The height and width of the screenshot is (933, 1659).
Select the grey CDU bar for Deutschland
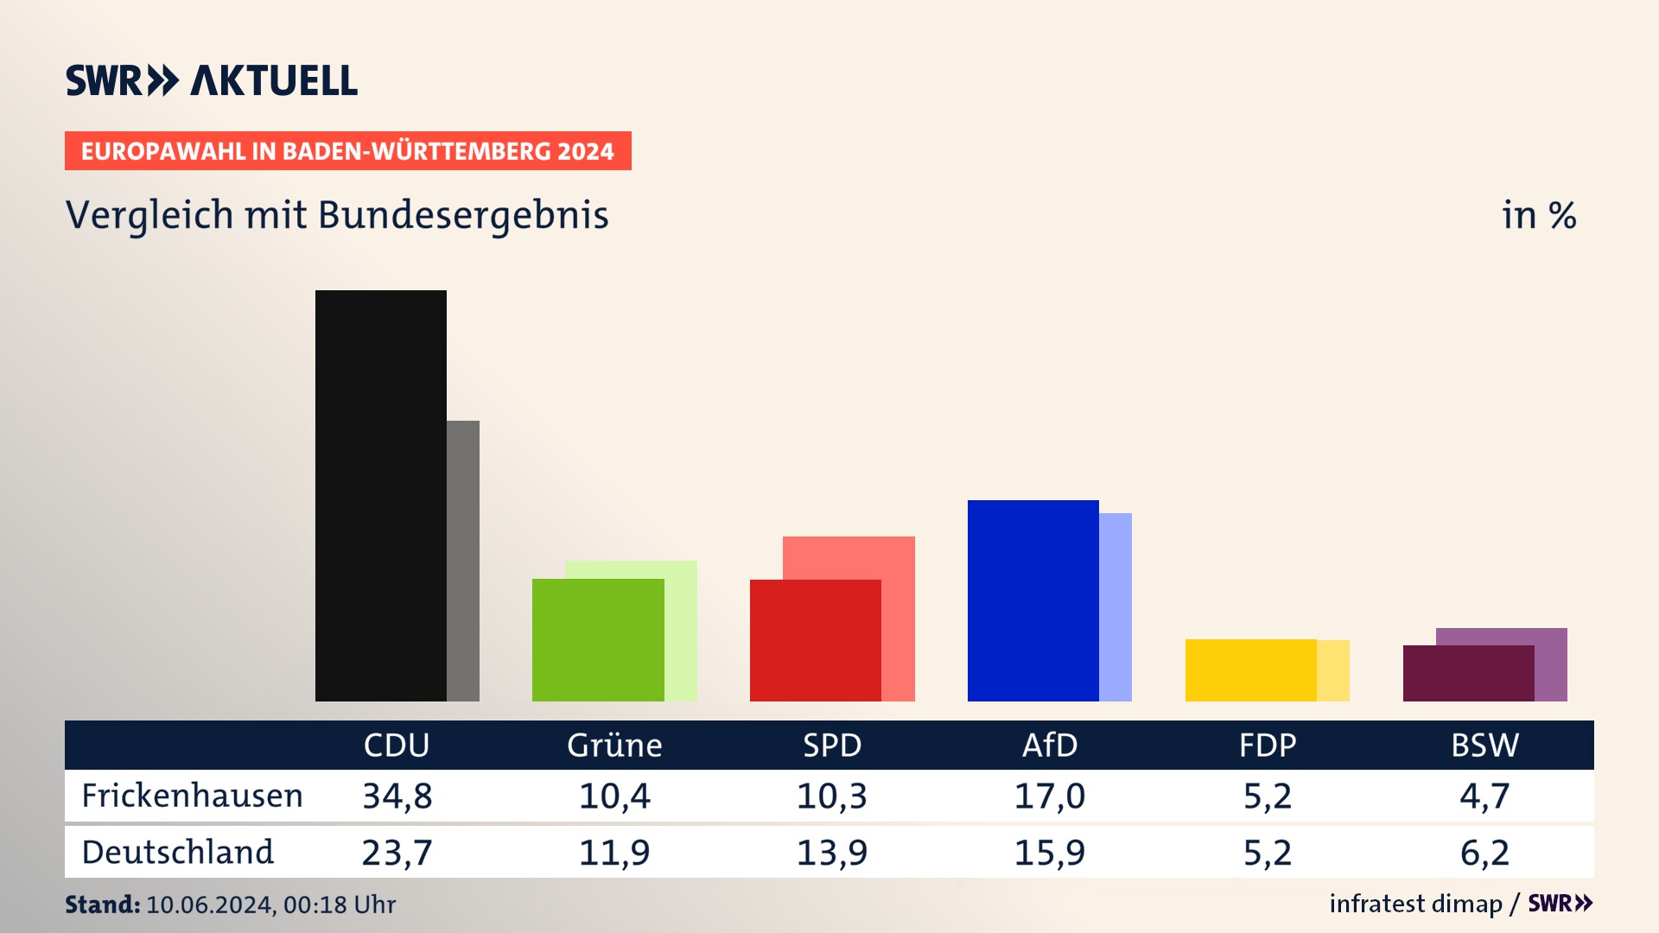click(463, 561)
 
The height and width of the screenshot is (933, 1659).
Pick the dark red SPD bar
click(815, 640)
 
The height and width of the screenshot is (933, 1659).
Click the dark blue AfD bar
click(1033, 600)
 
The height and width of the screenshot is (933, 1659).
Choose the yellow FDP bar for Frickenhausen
click(1250, 670)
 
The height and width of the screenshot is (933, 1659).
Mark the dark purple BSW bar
click(1468, 673)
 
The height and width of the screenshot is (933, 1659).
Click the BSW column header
click(1484, 745)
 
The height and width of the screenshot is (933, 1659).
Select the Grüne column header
click(614, 745)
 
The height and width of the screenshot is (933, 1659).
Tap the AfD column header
click(1050, 745)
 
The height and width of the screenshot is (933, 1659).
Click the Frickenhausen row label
click(192, 796)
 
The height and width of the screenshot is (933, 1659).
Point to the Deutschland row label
click(177, 852)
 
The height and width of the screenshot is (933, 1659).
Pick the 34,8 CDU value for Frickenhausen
click(397, 796)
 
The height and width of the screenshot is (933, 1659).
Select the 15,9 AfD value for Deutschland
click(1050, 853)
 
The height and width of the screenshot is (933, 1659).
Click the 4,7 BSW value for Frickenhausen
click(1484, 796)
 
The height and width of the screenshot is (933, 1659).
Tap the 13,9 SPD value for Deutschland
click(832, 853)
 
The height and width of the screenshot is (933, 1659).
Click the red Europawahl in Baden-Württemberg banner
click(347, 151)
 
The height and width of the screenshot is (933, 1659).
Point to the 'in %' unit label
click(1539, 215)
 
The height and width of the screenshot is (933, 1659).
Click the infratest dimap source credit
click(1415, 904)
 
